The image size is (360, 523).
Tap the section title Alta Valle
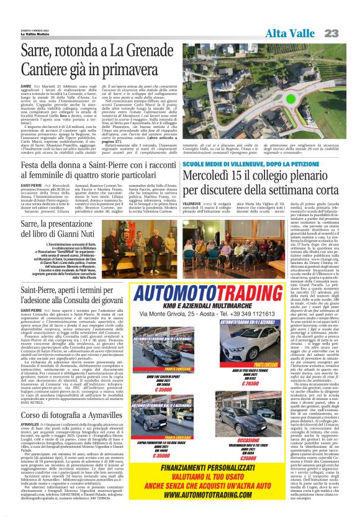pyautogui.click(x=290, y=32)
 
